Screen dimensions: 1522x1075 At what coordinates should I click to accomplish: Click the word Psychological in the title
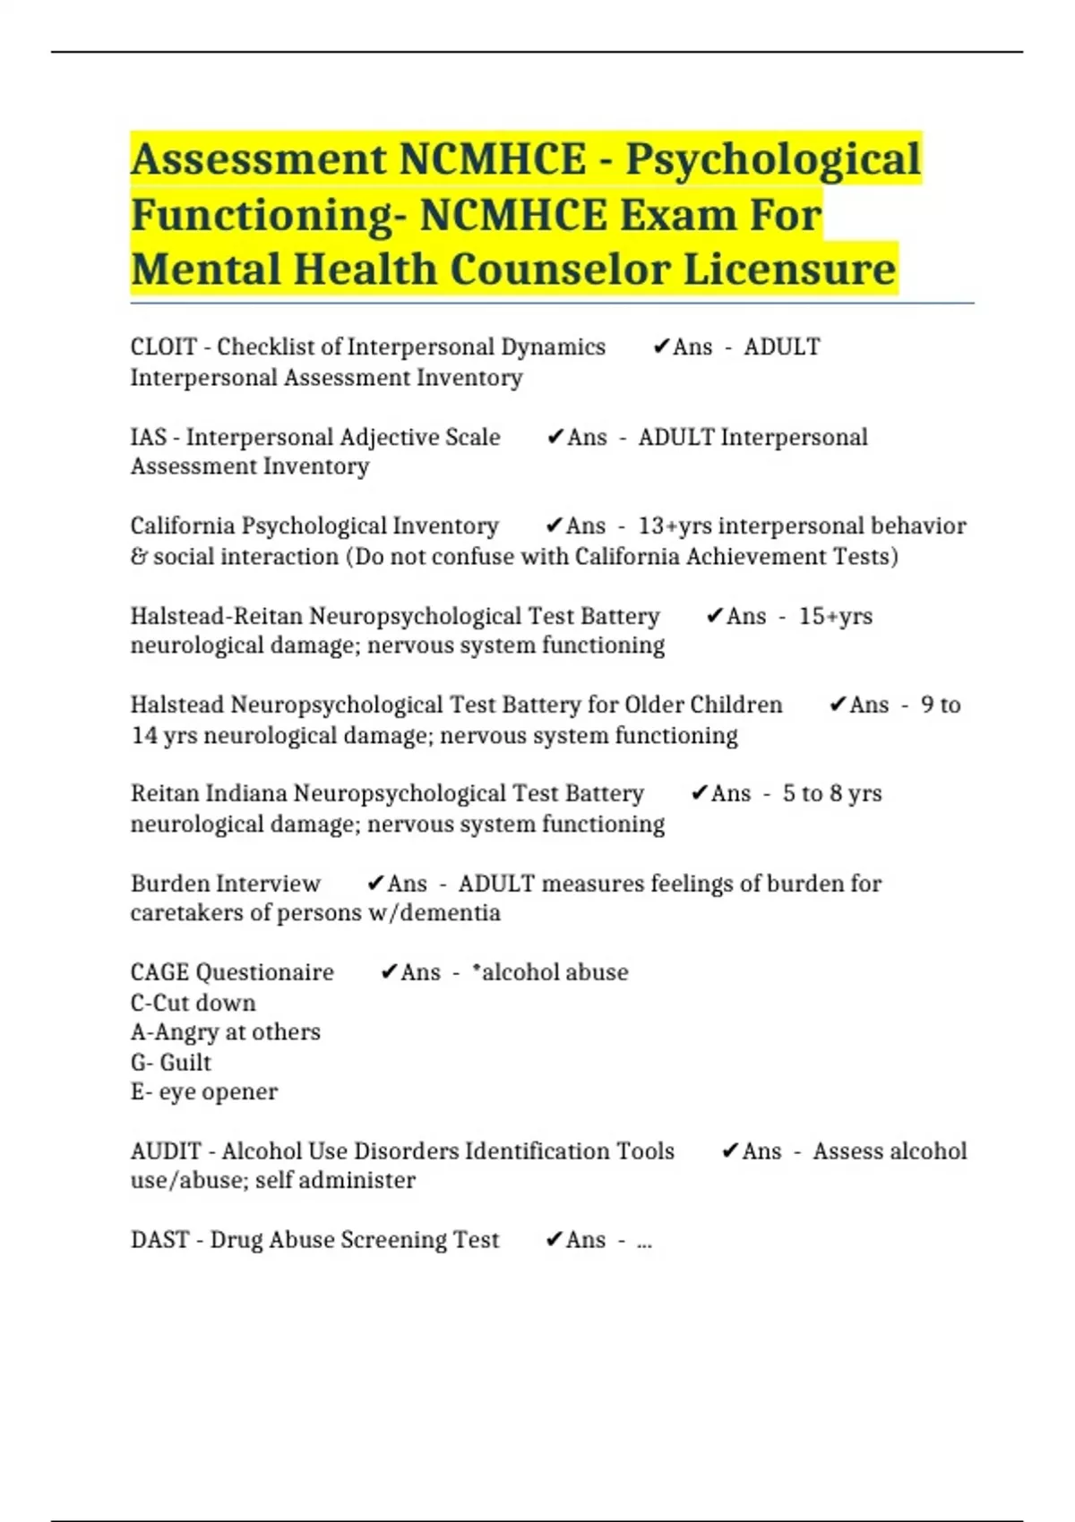coord(772,159)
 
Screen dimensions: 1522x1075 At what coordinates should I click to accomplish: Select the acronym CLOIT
coord(163,347)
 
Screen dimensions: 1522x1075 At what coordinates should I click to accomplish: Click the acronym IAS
coord(149,437)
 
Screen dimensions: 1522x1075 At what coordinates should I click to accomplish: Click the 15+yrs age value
coord(835,616)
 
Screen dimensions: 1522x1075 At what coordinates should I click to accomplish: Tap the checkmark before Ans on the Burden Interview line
coord(375,884)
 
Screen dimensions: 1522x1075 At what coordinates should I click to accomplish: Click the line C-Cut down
coord(193,1003)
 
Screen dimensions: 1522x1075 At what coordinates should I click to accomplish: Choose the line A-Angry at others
coord(225,1032)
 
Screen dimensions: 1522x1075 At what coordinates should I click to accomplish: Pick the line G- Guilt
coord(170,1063)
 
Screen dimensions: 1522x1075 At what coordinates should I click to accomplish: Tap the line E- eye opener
coord(203,1092)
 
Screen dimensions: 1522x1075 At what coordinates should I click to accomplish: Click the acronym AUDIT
coord(166,1151)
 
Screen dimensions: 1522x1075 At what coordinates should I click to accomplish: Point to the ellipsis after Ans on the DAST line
coord(644,1242)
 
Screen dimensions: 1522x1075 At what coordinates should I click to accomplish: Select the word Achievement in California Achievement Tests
coord(756,557)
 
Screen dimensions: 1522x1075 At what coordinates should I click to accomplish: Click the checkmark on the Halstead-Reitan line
coord(714,616)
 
